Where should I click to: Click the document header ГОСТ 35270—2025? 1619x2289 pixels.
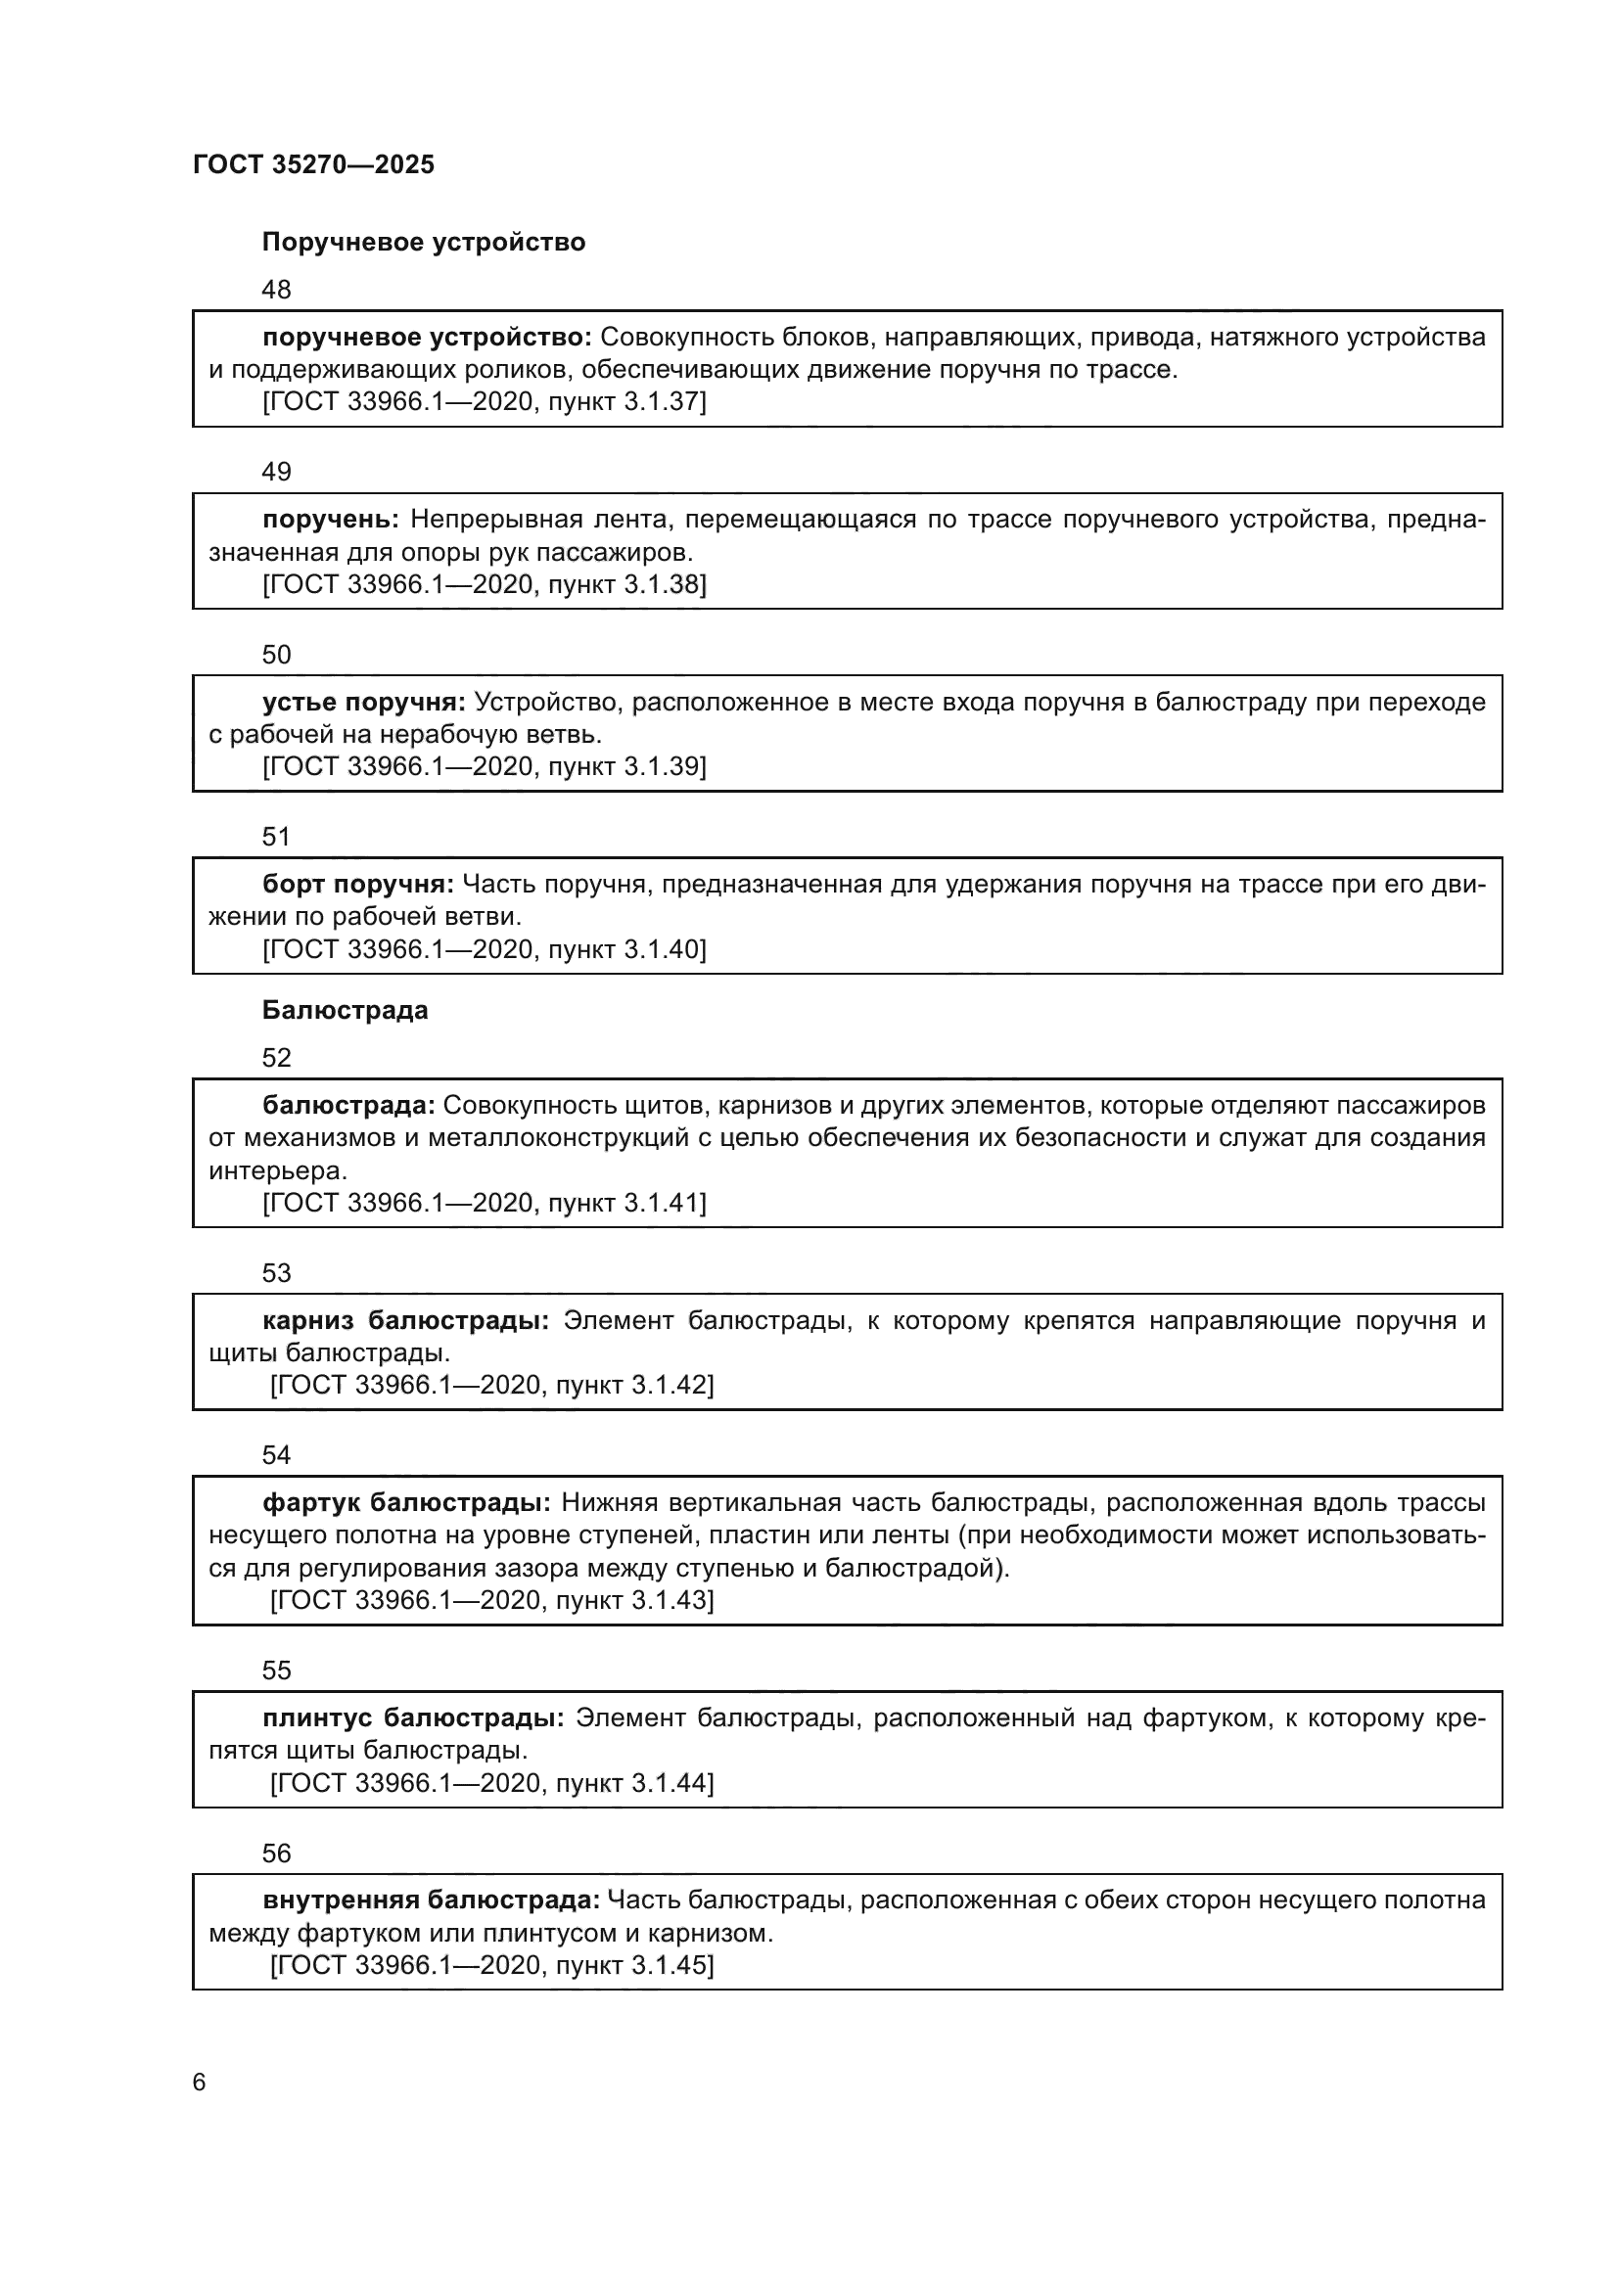pos(314,164)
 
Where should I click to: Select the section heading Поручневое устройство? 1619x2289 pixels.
pos(424,243)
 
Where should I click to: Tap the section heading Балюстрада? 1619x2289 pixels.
pos(345,1010)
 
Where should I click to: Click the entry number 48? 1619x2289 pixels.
pos(276,290)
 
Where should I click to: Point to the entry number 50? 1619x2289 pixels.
pos(276,655)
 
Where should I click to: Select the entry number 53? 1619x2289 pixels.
pos(276,1273)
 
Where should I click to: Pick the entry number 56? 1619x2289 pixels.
pos(276,1854)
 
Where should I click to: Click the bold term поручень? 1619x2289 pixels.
pos(331,520)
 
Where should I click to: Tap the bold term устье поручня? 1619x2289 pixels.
pos(364,703)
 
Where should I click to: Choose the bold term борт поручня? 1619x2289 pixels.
pos(358,885)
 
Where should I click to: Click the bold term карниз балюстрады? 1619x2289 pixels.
pos(406,1321)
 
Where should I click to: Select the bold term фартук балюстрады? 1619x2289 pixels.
pos(407,1502)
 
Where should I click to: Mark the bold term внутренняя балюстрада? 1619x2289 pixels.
pos(431,1900)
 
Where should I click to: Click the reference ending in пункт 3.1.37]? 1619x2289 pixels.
pos(485,402)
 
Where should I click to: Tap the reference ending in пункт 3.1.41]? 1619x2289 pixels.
pos(485,1204)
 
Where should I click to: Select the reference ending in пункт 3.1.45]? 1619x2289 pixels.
pos(492,1965)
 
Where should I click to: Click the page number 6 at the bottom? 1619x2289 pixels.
pos(200,2083)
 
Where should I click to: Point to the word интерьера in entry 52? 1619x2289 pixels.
pos(277,1170)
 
